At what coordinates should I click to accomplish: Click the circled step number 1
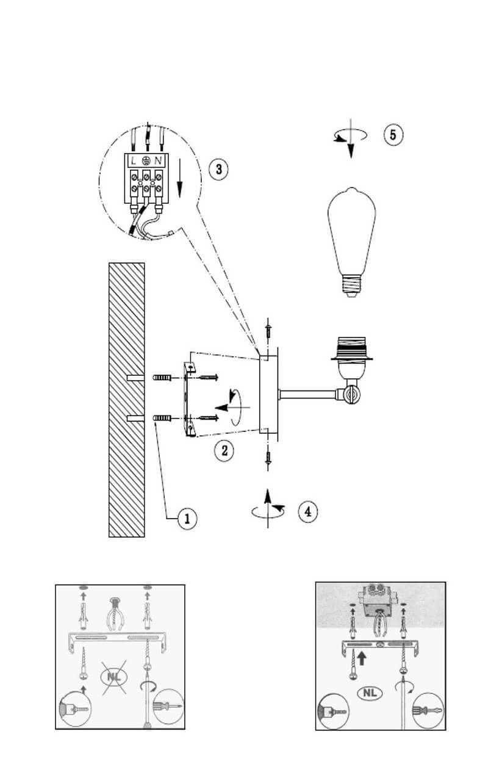click(x=187, y=519)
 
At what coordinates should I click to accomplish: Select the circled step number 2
click(x=224, y=451)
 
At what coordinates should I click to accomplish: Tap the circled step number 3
click(x=219, y=169)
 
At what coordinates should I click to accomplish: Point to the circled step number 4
click(x=307, y=511)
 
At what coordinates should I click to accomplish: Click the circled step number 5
click(x=393, y=134)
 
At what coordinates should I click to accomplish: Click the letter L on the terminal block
click(x=132, y=160)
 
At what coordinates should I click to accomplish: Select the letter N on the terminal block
click(x=158, y=160)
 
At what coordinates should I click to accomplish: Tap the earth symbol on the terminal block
click(x=145, y=160)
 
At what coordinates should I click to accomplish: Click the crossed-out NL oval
click(x=113, y=676)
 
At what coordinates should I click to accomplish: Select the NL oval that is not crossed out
click(x=369, y=693)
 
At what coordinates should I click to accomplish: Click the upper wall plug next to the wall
click(x=161, y=379)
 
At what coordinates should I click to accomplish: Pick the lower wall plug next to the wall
click(x=161, y=418)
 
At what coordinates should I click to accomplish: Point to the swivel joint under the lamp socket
click(x=350, y=395)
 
